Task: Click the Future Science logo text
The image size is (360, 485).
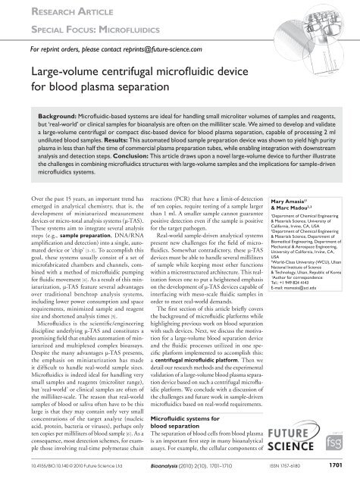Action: click(307, 450)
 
